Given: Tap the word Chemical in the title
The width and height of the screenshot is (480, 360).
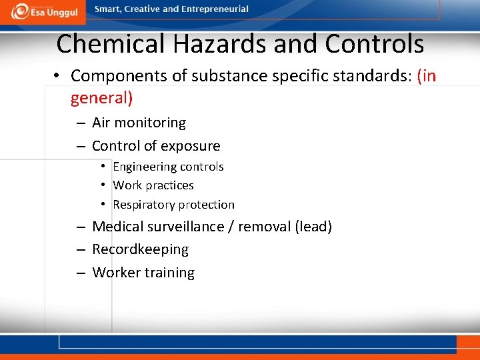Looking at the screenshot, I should click(x=111, y=44).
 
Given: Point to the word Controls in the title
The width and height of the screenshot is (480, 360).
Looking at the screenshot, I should click(x=374, y=44).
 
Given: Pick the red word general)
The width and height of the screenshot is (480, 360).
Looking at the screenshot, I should click(x=102, y=99).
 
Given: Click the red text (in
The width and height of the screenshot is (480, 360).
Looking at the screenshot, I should click(x=426, y=76).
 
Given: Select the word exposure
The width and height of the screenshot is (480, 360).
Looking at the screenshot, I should click(x=189, y=146).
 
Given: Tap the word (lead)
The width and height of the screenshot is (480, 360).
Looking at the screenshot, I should click(x=313, y=227).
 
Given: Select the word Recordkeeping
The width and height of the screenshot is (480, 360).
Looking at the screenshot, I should click(x=140, y=249).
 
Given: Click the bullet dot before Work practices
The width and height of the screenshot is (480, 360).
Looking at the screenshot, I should click(x=105, y=185).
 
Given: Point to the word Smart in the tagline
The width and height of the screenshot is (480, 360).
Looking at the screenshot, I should click(x=109, y=9).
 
